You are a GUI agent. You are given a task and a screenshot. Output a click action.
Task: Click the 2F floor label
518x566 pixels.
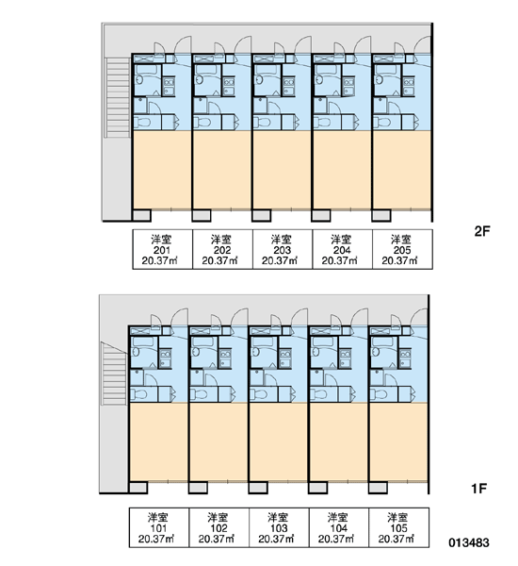coord(482,231)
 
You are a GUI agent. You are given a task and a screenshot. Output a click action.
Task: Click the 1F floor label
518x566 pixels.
coord(479,489)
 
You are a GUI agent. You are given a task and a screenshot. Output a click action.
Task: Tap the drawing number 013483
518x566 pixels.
coord(469,542)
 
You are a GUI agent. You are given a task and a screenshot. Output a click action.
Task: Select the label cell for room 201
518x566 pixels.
coord(163,249)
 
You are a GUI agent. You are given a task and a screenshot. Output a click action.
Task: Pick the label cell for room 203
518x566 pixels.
coord(283,249)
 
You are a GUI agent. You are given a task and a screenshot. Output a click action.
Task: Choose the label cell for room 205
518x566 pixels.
coord(402,249)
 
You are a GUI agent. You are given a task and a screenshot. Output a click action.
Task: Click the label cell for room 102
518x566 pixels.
coord(219,527)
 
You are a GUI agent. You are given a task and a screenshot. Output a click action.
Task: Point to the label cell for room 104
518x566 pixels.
coord(338,527)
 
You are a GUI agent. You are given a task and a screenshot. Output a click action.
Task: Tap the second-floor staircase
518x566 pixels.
coord(117,97)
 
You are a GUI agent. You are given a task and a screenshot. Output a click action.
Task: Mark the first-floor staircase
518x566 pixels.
coord(114,374)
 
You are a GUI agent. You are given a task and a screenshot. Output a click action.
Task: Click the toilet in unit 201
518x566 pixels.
coord(143,122)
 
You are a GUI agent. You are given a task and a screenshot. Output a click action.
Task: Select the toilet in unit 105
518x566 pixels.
coord(379,394)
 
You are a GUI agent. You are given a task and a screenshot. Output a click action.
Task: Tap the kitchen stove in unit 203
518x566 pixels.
coord(289,86)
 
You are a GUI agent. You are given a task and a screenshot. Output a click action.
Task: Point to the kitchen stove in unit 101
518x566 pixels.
coord(166,358)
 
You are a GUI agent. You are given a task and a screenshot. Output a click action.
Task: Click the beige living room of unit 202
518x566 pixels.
coord(222,170)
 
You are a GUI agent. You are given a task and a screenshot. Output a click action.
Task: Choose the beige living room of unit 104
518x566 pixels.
coord(338,441)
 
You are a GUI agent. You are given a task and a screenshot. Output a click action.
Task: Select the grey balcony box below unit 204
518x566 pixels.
coord(321,215)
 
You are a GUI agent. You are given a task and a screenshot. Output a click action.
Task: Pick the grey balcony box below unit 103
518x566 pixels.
coord(258,488)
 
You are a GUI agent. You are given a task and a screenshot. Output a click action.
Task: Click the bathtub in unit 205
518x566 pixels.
coord(386,70)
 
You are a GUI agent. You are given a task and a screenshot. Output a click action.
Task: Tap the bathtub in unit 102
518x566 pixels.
coord(203,342)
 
